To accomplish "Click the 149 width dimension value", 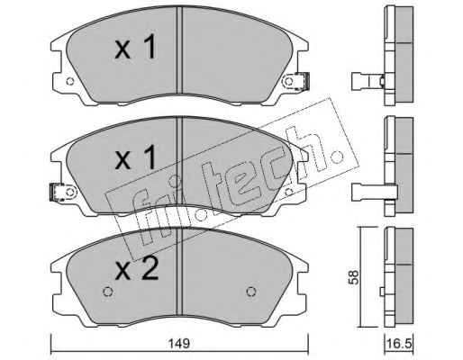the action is pyautogui.click(x=180, y=344).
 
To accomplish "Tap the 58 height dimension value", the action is pyautogui.click(x=354, y=277).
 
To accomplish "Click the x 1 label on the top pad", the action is pyautogui.click(x=136, y=47).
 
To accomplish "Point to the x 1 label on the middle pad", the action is pyautogui.click(x=136, y=157).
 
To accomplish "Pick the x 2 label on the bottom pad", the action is pyautogui.click(x=137, y=268).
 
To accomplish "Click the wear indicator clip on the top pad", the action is pyautogui.click(x=302, y=81).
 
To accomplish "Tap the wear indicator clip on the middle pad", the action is pyautogui.click(x=56, y=193).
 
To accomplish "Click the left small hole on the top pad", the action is pyautogui.click(x=70, y=81).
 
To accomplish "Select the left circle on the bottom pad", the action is pyautogui.click(x=107, y=292).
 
